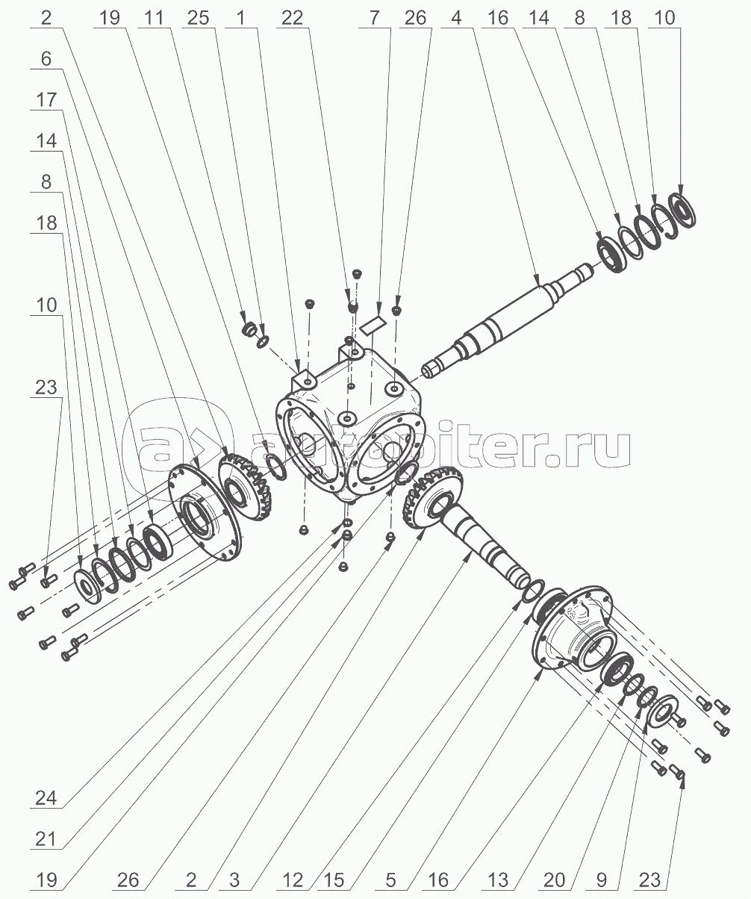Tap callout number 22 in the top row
click(292, 18)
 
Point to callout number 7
click(373, 18)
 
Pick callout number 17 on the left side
click(46, 100)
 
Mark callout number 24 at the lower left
click(46, 797)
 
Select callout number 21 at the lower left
click(46, 838)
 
